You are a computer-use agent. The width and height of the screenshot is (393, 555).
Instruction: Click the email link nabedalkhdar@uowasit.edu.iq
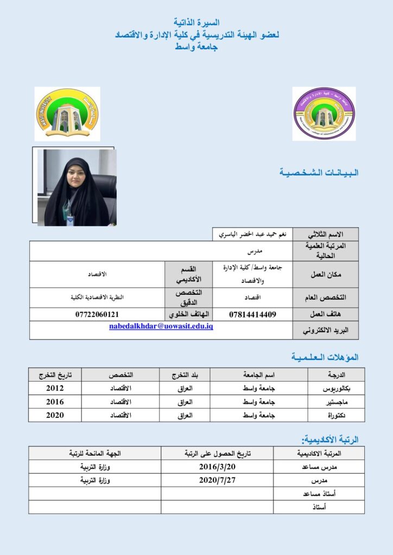pos(161,327)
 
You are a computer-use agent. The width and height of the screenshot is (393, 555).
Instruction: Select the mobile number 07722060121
pos(97,314)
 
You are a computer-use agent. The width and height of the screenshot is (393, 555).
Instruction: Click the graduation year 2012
pos(55,388)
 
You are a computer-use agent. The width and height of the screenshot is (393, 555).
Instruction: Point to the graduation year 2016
pos(55,402)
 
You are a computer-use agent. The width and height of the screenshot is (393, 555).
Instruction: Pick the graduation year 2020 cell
pos(55,415)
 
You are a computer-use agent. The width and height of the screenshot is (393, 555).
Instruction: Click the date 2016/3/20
pos(217,467)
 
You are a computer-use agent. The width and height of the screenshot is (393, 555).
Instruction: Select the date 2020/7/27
pos(217,480)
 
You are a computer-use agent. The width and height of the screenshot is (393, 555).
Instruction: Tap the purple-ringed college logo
pos(324,113)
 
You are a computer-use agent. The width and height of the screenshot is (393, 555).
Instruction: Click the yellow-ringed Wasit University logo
pos(67,114)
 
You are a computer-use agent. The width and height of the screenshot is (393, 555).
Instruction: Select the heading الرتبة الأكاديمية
pos(330,440)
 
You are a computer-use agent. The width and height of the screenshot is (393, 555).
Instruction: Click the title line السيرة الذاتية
pos(196,23)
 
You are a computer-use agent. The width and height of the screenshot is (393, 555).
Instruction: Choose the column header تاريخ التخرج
pos(55,375)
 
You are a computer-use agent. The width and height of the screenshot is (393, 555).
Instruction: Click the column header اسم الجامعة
pos(258,375)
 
